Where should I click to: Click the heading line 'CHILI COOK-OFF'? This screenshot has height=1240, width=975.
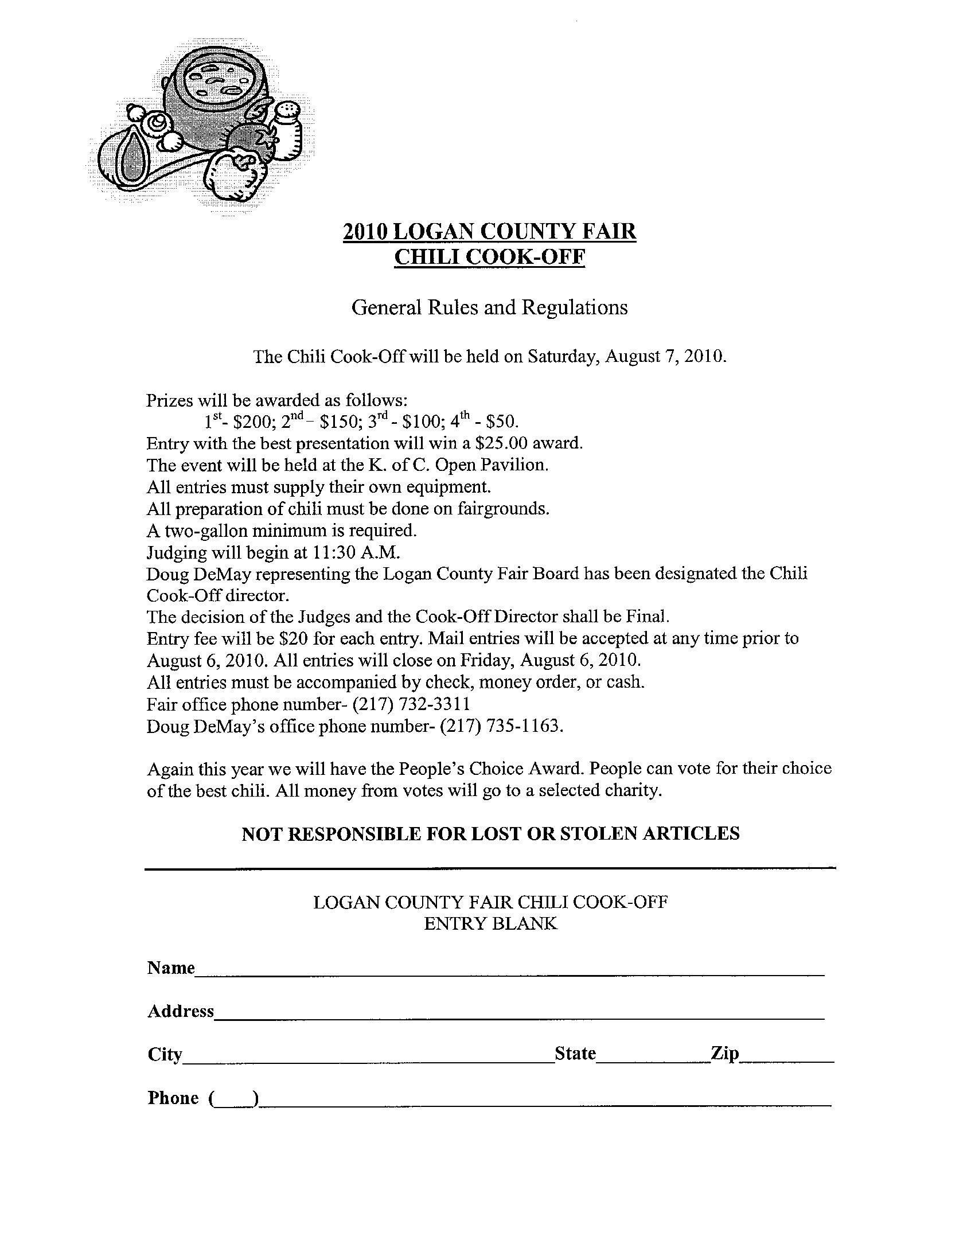[489, 258]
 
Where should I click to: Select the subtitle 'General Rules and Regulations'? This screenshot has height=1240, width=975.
[489, 308]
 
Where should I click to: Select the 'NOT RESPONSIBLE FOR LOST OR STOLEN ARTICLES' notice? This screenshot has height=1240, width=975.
[490, 833]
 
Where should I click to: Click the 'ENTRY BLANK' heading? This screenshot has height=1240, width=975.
[490, 924]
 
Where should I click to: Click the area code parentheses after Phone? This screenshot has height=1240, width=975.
[234, 1098]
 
